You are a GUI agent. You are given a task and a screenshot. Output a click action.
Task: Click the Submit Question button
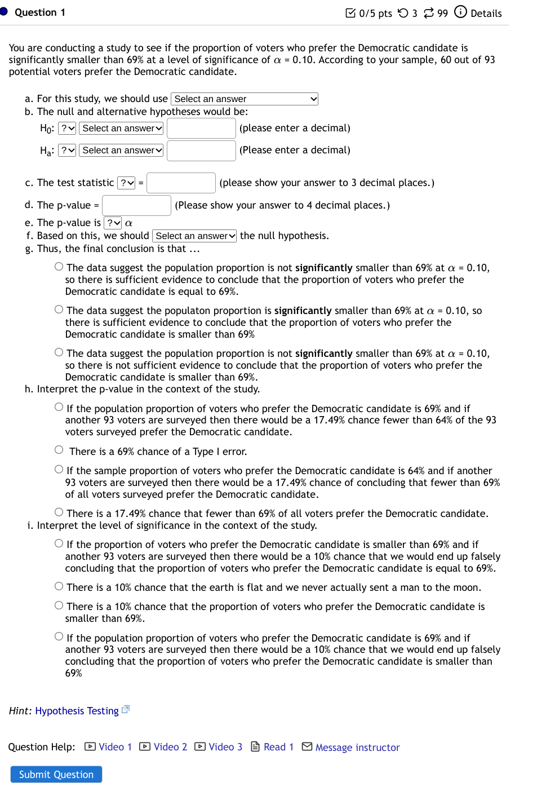coord(56,774)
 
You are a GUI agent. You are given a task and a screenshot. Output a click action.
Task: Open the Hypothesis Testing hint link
coord(77,711)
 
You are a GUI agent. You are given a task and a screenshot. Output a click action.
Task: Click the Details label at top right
coord(486,13)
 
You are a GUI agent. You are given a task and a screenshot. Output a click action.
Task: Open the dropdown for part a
coord(245,99)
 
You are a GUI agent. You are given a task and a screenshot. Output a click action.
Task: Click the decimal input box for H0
coord(201,129)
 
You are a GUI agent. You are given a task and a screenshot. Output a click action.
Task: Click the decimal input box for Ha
coord(201,151)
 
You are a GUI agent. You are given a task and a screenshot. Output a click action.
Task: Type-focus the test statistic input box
coord(181,183)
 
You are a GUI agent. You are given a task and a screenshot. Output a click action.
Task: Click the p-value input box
coord(136,206)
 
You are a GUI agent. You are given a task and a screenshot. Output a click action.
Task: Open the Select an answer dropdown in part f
coord(195,236)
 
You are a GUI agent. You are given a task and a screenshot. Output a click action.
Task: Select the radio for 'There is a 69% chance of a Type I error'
coord(59,450)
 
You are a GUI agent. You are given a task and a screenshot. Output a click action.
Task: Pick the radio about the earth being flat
coord(59,586)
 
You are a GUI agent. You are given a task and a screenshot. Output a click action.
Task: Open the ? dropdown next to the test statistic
coord(127,183)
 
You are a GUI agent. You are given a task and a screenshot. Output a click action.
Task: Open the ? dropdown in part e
coord(113,223)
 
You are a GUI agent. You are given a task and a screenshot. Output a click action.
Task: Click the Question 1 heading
coord(39,12)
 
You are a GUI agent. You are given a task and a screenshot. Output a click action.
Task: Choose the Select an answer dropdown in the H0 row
coord(121,129)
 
